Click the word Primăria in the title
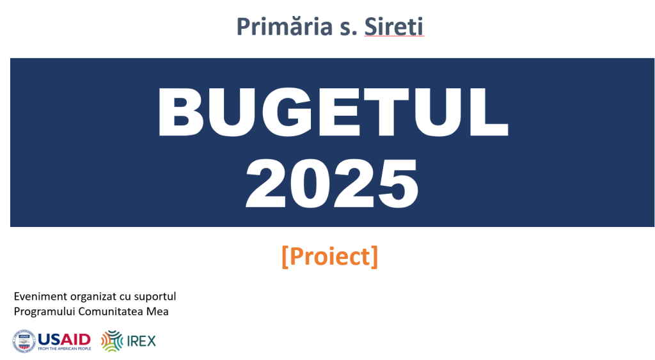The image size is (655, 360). (285, 26)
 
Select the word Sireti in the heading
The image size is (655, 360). (394, 27)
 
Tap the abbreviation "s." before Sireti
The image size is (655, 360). (349, 29)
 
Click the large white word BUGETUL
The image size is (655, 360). (333, 112)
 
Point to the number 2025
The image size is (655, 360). (332, 184)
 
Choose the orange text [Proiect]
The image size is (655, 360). (330, 256)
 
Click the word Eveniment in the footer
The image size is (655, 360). (40, 297)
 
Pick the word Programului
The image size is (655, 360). (45, 312)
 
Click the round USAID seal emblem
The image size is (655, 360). (24, 341)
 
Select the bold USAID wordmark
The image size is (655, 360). (65, 339)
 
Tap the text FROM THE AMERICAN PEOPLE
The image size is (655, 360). (65, 348)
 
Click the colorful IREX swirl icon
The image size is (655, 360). (112, 341)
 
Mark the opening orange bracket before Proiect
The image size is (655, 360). (285, 257)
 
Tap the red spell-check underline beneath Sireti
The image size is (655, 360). (394, 36)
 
